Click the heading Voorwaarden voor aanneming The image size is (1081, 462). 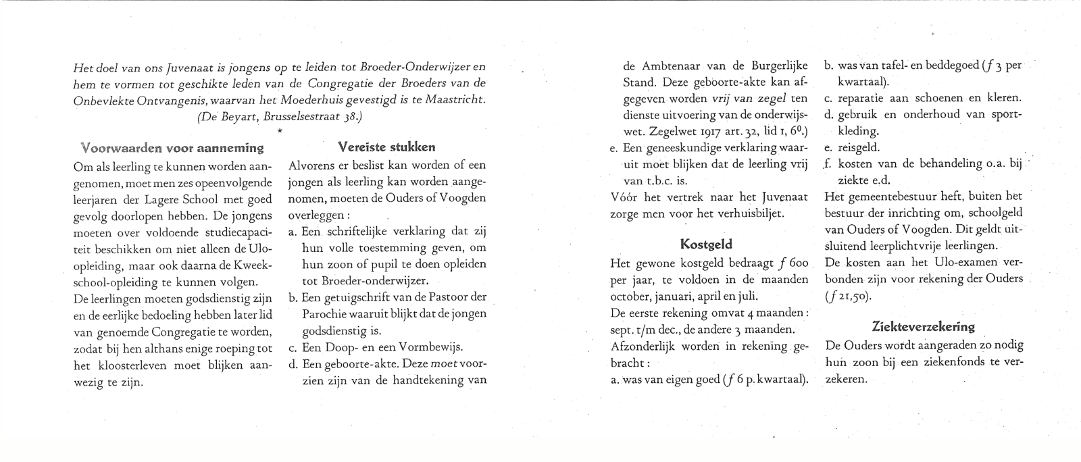pyautogui.click(x=172, y=147)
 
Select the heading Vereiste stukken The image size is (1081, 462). pyautogui.click(x=386, y=147)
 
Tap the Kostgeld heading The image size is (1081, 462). pyautogui.click(x=706, y=244)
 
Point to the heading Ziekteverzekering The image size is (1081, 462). pyautogui.click(x=924, y=326)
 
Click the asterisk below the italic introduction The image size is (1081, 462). pyautogui.click(x=279, y=130)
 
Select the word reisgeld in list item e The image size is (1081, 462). pyautogui.click(x=858, y=147)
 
